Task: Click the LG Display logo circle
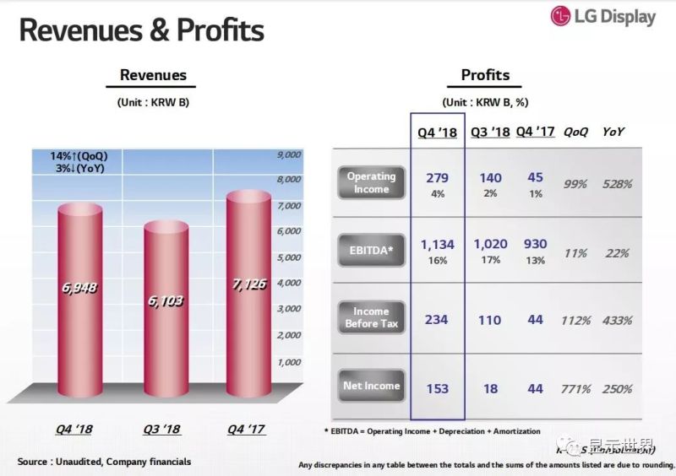[561, 16]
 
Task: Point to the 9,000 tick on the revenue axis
[289, 155]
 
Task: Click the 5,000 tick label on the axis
[289, 257]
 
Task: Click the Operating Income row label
[371, 182]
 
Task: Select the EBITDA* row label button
[371, 251]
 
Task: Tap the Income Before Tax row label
[371, 317]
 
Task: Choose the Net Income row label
[371, 386]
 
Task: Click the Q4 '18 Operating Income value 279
[437, 178]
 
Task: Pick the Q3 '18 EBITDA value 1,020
[490, 245]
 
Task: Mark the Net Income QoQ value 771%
[575, 389]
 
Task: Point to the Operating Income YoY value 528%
[617, 183]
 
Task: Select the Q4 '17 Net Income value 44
[535, 389]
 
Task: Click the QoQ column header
[575, 133]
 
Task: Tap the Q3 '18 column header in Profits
[490, 133]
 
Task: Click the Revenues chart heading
[153, 75]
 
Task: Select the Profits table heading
[485, 75]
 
